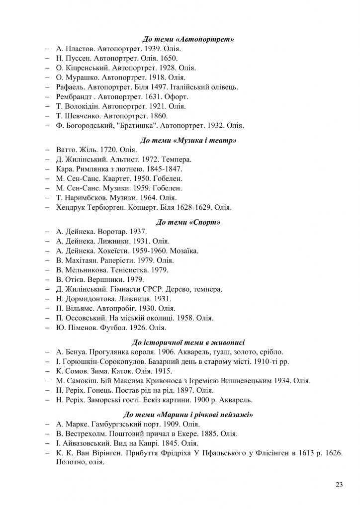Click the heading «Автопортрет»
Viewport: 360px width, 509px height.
click(188, 39)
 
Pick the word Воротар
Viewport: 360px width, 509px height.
click(110, 232)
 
